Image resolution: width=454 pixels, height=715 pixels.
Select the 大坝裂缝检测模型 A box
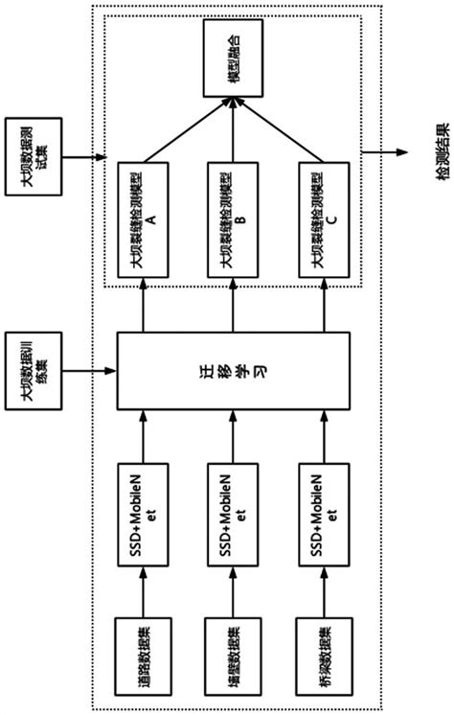[x=142, y=219]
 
